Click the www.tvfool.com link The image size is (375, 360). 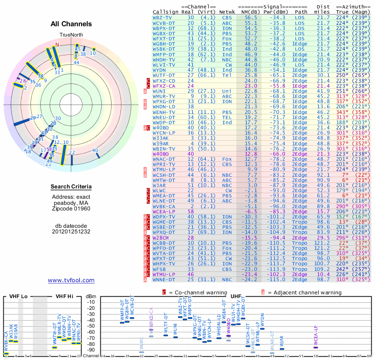click(71, 280)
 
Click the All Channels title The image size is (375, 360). click(71, 23)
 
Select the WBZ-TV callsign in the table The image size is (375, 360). click(163, 17)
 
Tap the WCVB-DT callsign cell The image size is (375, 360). click(164, 22)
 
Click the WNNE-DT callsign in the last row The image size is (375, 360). click(165, 279)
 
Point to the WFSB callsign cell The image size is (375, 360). click(160, 269)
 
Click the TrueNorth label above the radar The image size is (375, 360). click(71, 35)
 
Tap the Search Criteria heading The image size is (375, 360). click(71, 187)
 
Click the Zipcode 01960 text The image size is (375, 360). click(71, 208)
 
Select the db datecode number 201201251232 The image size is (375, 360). click(71, 232)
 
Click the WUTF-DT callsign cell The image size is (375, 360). click(165, 75)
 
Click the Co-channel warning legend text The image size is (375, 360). click(195, 292)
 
